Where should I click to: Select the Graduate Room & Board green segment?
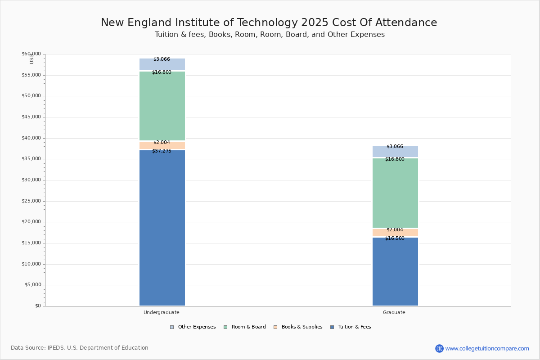[395, 193]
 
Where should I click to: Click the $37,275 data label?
[162, 151]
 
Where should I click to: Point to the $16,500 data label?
[395, 238]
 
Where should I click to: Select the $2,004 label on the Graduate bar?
[395, 230]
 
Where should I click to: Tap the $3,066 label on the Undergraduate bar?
[162, 59]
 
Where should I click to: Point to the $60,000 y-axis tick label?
[31, 54]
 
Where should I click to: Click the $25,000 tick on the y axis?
[31, 201]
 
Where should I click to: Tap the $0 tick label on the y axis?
[38, 306]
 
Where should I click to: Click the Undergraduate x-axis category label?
[162, 312]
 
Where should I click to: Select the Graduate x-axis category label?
[394, 312]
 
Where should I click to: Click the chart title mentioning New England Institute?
[269, 22]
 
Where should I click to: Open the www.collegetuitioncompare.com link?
[487, 348]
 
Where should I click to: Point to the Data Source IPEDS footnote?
[80, 348]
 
